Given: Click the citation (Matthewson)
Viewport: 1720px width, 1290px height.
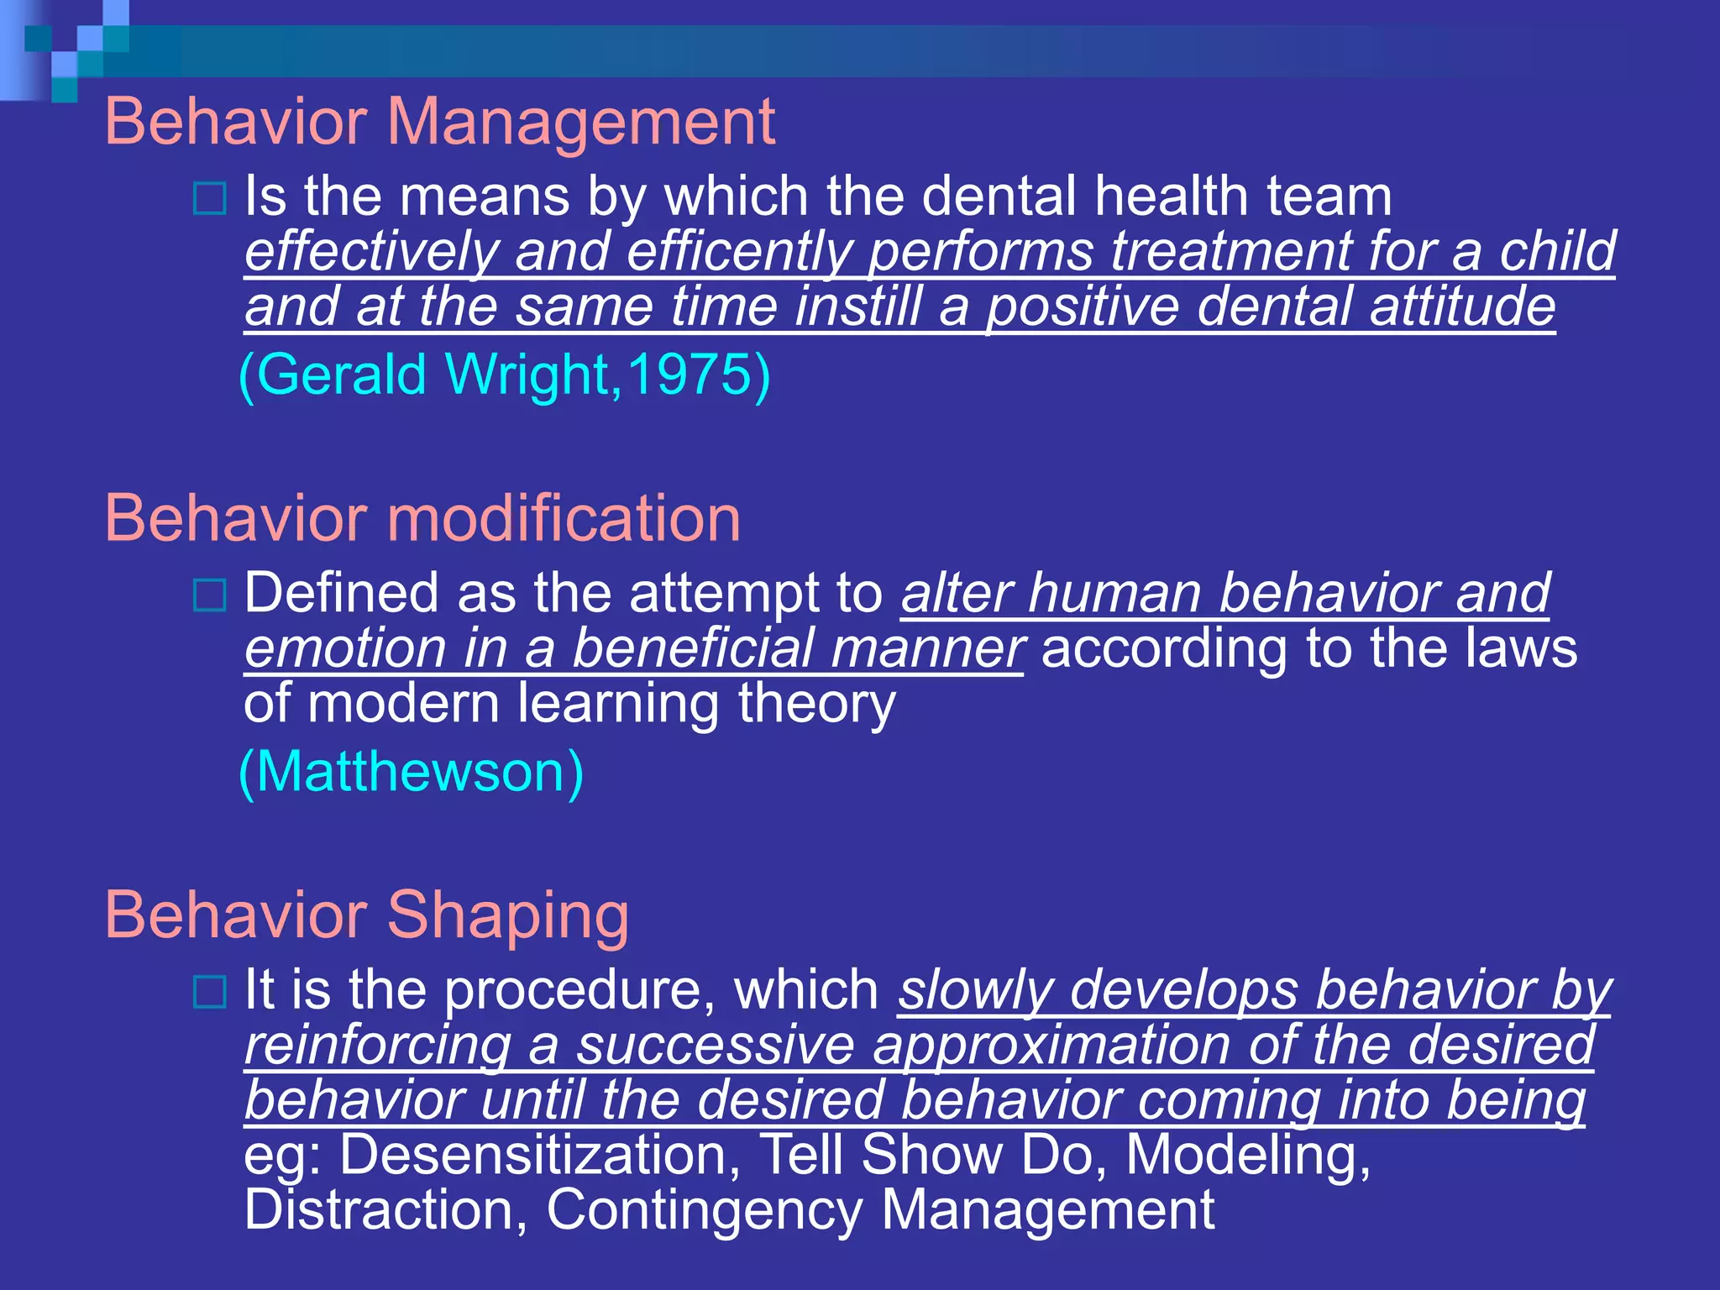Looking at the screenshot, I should (412, 772).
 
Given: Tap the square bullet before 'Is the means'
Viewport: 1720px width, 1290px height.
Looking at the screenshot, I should (209, 199).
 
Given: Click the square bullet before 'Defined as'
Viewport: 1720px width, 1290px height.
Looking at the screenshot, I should (209, 595).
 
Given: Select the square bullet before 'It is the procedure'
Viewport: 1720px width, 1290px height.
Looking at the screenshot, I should (209, 992).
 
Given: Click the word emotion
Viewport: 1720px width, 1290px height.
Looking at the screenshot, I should (345, 649).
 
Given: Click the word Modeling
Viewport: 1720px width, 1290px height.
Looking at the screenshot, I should (1247, 1155).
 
